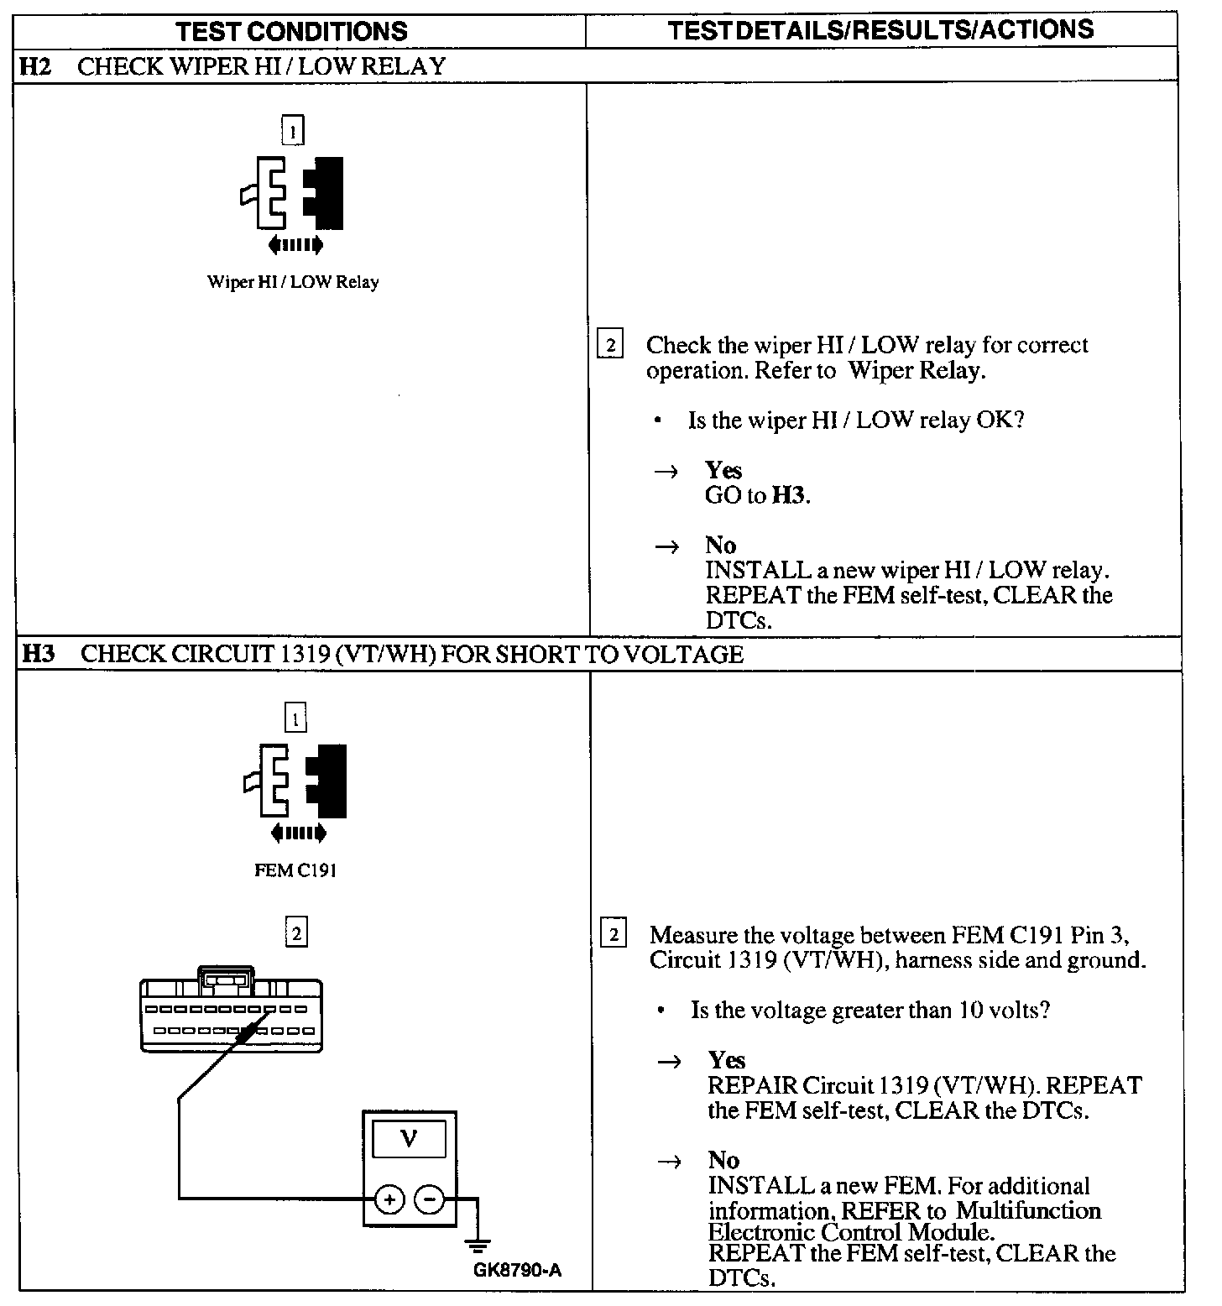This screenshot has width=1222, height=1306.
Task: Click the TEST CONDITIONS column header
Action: [x=291, y=31]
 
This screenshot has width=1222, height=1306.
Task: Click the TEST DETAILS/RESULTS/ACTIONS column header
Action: [x=880, y=29]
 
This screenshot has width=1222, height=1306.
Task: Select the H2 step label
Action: [x=35, y=66]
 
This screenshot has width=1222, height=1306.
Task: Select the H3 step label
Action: [x=37, y=654]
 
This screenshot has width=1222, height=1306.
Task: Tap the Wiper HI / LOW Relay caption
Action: [x=292, y=282]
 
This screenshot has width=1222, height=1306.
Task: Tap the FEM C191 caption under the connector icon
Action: [x=295, y=870]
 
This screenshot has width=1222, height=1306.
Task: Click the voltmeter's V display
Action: [x=409, y=1140]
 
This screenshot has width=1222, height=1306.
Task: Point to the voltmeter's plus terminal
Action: [x=389, y=1199]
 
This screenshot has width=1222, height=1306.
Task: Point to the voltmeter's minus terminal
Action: [x=429, y=1199]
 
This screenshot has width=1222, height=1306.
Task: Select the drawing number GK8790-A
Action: [x=517, y=1270]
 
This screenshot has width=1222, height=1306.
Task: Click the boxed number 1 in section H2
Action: [x=292, y=131]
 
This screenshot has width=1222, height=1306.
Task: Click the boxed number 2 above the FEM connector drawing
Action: [x=295, y=932]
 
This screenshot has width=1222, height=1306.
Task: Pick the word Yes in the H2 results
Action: [x=723, y=470]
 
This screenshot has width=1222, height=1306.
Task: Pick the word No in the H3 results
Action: [x=723, y=1160]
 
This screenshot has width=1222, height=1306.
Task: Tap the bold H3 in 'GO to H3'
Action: [x=788, y=495]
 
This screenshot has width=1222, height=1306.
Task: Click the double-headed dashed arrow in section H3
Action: [x=298, y=833]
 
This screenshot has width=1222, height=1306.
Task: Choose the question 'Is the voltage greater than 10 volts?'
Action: [x=869, y=1010]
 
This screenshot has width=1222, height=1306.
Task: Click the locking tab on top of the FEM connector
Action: [x=225, y=978]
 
